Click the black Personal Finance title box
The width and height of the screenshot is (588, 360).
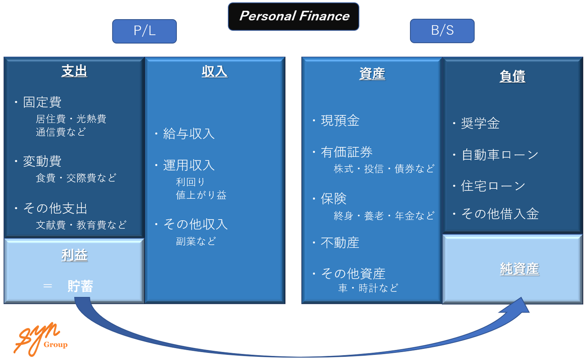294,16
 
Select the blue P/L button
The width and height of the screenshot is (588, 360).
145,31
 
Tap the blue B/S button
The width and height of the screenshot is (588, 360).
442,31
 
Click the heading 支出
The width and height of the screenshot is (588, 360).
74,71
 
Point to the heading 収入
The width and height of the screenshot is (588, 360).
215,71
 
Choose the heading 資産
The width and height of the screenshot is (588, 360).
372,74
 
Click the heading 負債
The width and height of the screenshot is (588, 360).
512,76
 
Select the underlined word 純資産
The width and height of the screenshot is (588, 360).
519,269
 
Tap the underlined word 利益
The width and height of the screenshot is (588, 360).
74,256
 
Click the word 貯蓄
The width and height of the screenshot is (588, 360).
80,286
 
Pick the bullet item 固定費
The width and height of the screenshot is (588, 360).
42,102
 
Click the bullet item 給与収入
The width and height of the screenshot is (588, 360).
189,133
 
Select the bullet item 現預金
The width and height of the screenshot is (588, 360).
340,121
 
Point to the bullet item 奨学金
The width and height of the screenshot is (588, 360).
480,123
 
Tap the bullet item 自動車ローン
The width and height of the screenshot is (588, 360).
500,155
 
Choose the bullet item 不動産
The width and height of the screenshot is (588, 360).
340,243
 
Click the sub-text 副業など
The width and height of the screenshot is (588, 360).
196,241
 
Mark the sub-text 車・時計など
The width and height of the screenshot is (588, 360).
368,288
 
